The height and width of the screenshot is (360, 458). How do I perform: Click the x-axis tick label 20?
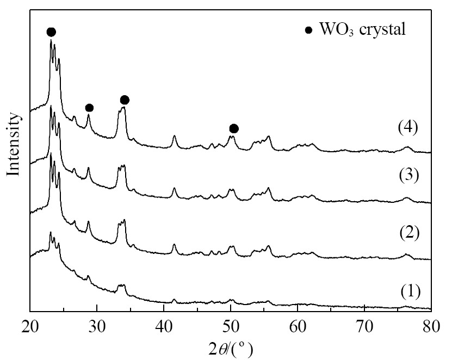[x=30, y=327]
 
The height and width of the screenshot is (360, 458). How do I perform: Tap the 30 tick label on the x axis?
[x=97, y=327]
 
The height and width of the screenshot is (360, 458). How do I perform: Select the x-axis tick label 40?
[x=164, y=327]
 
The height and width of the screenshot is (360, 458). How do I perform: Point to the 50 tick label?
[x=231, y=327]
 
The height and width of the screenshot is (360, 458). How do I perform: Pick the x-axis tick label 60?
[x=298, y=327]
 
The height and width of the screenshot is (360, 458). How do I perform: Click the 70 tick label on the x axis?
[x=364, y=327]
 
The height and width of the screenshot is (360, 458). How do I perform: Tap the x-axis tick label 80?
[x=431, y=327]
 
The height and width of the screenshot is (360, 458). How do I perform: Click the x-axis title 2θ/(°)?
[x=231, y=349]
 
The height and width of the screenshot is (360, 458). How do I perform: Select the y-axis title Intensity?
[x=14, y=144]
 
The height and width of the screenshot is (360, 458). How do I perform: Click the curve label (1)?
[x=410, y=291]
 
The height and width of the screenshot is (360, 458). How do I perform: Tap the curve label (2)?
[x=409, y=233]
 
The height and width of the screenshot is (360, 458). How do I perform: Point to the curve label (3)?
[x=409, y=175]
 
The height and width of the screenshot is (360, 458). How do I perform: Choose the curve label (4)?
[x=408, y=128]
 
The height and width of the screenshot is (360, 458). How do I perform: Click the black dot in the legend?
[x=308, y=30]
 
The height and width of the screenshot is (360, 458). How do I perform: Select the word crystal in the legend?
[x=382, y=29]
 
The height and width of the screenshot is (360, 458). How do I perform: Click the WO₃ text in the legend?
[x=337, y=29]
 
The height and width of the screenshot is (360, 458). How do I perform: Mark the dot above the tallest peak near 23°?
[x=51, y=32]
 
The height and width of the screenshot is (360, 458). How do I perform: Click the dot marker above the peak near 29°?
[x=89, y=108]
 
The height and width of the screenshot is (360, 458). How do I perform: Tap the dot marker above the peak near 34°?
[x=125, y=100]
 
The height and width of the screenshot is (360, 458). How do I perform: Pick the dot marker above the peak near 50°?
[x=234, y=128]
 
